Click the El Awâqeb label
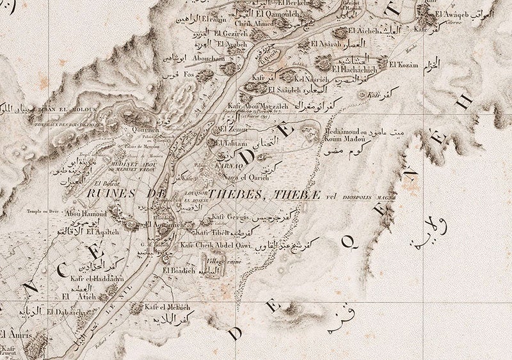454,13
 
